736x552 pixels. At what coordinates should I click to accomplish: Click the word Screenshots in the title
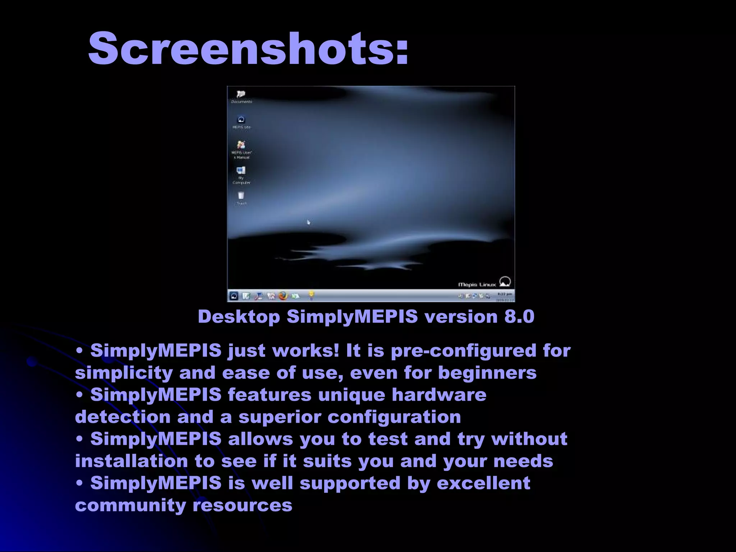(x=248, y=49)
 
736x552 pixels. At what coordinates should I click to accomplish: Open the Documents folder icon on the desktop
(x=241, y=95)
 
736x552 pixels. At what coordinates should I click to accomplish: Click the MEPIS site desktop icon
(x=241, y=120)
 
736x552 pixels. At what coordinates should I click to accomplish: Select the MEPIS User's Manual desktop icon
(x=241, y=145)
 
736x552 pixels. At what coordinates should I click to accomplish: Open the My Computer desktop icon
(x=241, y=170)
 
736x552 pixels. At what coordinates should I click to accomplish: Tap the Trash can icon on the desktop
(x=241, y=195)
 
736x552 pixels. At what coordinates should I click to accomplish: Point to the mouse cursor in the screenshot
(x=308, y=222)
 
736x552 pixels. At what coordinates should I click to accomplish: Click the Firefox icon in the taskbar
(x=284, y=296)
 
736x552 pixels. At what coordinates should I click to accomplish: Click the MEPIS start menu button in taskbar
(x=234, y=296)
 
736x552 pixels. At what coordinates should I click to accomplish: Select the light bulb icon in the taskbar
(x=312, y=295)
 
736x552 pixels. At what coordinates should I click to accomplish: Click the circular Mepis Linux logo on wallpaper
(x=505, y=281)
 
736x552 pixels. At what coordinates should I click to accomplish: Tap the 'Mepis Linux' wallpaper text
(x=477, y=285)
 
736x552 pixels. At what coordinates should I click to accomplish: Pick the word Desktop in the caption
(x=239, y=317)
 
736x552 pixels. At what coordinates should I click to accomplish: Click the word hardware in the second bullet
(x=439, y=395)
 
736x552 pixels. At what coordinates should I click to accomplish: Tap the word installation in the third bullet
(x=132, y=461)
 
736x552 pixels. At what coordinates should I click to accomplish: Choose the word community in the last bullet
(x=130, y=505)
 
